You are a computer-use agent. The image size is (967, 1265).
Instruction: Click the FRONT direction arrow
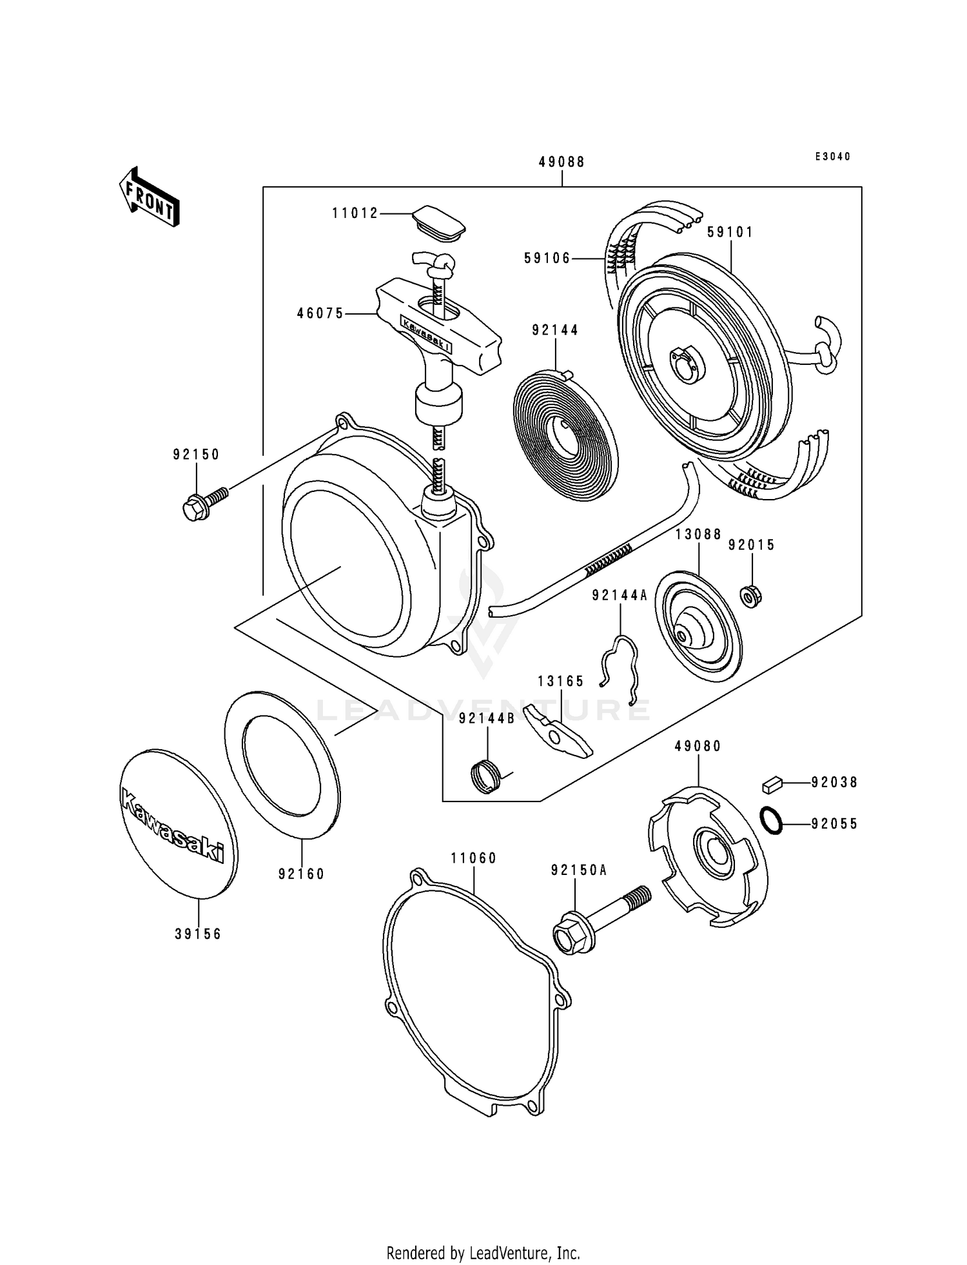pyautogui.click(x=149, y=197)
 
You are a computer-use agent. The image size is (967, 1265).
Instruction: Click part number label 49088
pyautogui.click(x=562, y=162)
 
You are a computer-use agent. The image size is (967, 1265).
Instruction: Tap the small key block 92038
pyautogui.click(x=772, y=785)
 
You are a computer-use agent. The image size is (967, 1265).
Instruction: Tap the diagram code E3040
pyautogui.click(x=832, y=157)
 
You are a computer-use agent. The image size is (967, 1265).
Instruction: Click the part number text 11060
pyautogui.click(x=474, y=859)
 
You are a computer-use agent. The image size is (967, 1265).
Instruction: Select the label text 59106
pyautogui.click(x=548, y=259)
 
